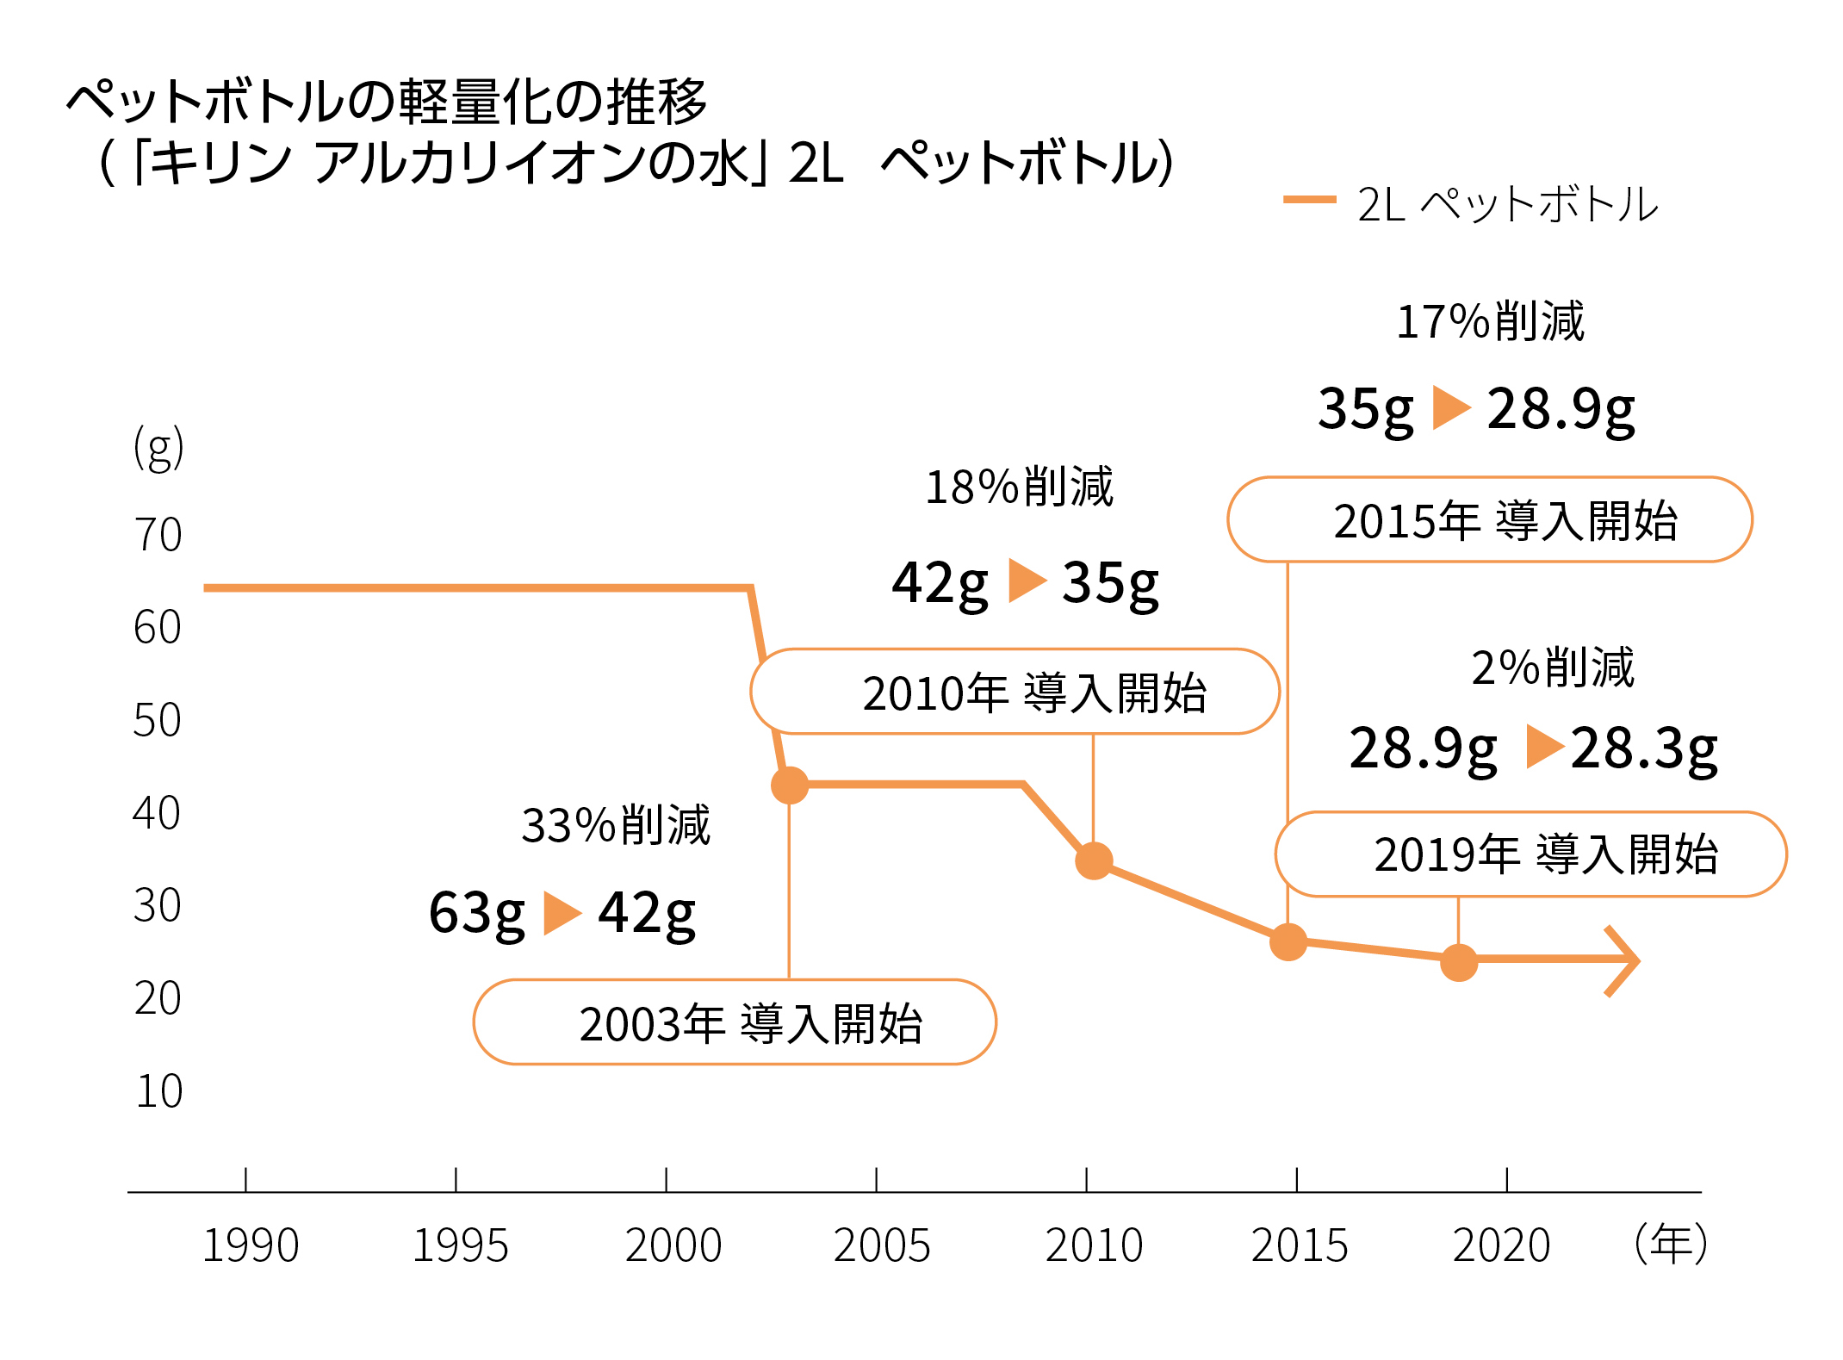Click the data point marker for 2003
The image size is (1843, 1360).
pyautogui.click(x=790, y=785)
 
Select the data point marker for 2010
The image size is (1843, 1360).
pyautogui.click(x=1094, y=860)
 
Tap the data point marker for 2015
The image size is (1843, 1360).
pyautogui.click(x=1288, y=941)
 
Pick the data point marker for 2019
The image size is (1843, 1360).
pyautogui.click(x=1459, y=962)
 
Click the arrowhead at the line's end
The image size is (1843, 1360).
pyautogui.click(x=1624, y=961)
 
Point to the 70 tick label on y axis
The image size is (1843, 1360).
pyautogui.click(x=158, y=535)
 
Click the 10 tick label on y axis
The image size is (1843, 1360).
pyautogui.click(x=159, y=1091)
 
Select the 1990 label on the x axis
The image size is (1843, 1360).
pyautogui.click(x=251, y=1245)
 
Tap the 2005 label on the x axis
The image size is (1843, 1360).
pyautogui.click(x=882, y=1245)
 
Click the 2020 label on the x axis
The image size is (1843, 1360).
pyautogui.click(x=1501, y=1245)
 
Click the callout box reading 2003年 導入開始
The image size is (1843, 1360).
pyautogui.click(x=735, y=1022)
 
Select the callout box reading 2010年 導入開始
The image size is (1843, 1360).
pyautogui.click(x=1015, y=692)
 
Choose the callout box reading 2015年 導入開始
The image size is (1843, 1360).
pyautogui.click(x=1489, y=519)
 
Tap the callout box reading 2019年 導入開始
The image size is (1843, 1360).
pyautogui.click(x=1530, y=854)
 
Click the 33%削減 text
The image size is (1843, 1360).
pyautogui.click(x=616, y=825)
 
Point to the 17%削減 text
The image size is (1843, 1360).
pyautogui.click(x=1490, y=321)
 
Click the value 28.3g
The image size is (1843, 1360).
pyautogui.click(x=1643, y=748)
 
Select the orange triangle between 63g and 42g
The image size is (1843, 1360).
pyautogui.click(x=562, y=913)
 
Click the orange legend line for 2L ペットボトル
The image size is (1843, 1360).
pyautogui.click(x=1309, y=200)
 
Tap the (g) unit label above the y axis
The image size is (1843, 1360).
pyautogui.click(x=158, y=448)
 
